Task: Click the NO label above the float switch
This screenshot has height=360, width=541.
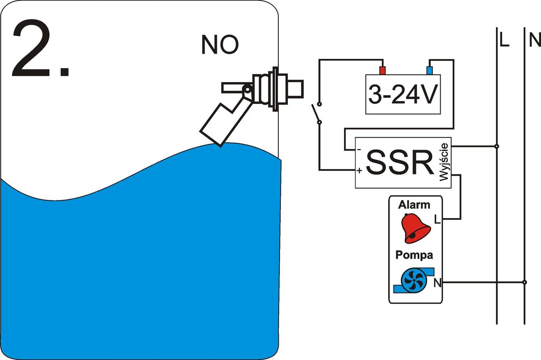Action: (x=220, y=45)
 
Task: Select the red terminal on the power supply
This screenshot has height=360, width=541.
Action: (x=382, y=71)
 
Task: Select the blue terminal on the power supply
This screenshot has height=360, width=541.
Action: (x=430, y=71)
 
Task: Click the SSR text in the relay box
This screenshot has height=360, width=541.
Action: (x=399, y=163)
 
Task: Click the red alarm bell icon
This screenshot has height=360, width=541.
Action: (x=415, y=228)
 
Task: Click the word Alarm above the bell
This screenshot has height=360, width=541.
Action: (x=414, y=205)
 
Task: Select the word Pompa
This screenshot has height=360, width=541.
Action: (x=414, y=255)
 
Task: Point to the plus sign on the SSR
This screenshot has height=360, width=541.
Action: (x=359, y=171)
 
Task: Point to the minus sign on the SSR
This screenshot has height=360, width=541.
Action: (x=359, y=149)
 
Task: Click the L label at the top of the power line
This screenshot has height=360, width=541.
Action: (x=504, y=40)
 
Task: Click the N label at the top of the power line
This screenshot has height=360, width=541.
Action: (x=535, y=40)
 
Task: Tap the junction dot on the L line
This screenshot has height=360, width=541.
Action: (x=496, y=146)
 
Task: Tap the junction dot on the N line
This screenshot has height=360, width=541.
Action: (x=524, y=282)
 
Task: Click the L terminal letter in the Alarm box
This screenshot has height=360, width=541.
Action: (x=437, y=220)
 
